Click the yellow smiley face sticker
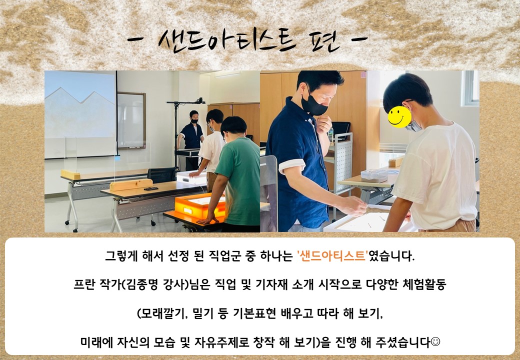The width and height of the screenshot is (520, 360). (399, 116)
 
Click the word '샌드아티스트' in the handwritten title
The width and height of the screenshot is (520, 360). (226, 41)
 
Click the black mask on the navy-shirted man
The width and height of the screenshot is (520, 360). (313, 104)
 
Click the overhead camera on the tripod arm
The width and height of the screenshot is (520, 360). (200, 100)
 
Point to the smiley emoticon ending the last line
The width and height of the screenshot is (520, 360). (435, 341)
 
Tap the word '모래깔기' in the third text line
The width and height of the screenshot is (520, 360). (163, 313)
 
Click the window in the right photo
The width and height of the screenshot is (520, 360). (471, 88)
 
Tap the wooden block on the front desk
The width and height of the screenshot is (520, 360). (131, 184)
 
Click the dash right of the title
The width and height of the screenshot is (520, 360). (359, 39)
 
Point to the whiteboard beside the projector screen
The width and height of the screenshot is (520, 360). (131, 120)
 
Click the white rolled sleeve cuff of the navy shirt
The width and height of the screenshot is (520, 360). (291, 165)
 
